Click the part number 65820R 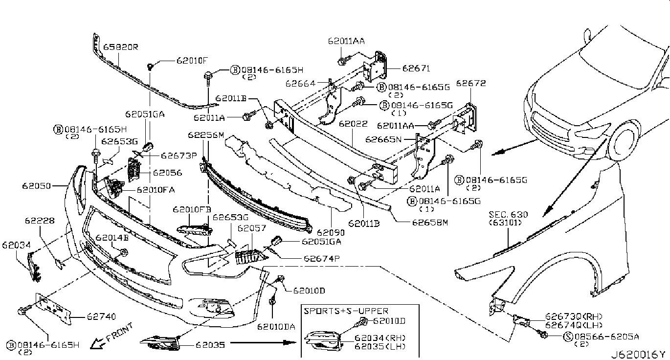(x=121, y=47)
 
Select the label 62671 (x=416, y=69)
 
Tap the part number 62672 (x=471, y=83)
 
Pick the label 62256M (x=205, y=135)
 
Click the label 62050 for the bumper (x=37, y=186)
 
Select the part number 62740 (x=101, y=316)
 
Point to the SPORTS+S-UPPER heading (x=346, y=311)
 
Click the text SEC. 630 (x=509, y=214)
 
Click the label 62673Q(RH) (x=567, y=316)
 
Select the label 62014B (x=112, y=238)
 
